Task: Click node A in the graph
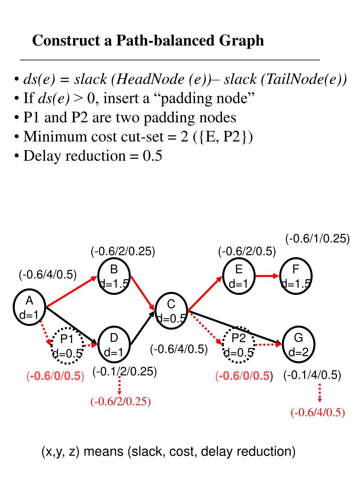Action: pos(30,307)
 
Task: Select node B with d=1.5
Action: pos(114,276)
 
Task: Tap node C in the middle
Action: pos(171,311)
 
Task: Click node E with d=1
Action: pos(239,276)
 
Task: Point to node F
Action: pos(296,276)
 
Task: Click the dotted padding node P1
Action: pos(67,346)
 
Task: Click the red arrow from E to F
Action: pos(267,276)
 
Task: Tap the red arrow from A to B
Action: pos(71,292)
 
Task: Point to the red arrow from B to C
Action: pos(143,293)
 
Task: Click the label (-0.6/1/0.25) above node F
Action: pos(317,238)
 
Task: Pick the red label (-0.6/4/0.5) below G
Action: pos(318,412)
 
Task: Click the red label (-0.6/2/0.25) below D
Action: pos(121,401)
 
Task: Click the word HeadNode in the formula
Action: pos(150,79)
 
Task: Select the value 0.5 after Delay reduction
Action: pos(152,156)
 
